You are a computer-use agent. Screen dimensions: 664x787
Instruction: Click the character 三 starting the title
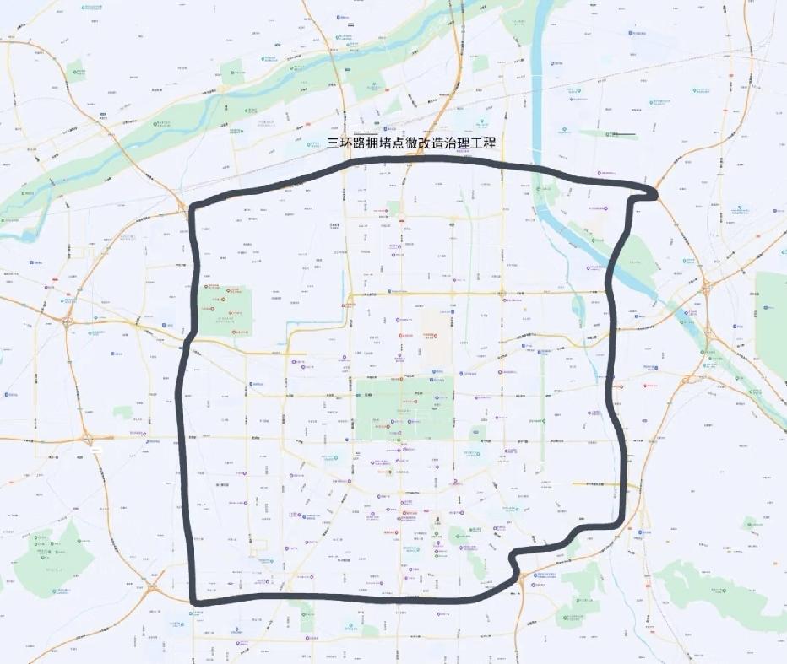tap(334, 143)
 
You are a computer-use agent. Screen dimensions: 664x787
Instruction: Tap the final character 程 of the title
tap(490, 143)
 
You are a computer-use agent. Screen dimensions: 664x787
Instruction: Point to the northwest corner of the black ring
tap(195, 208)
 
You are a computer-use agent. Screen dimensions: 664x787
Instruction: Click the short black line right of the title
tap(625, 135)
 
